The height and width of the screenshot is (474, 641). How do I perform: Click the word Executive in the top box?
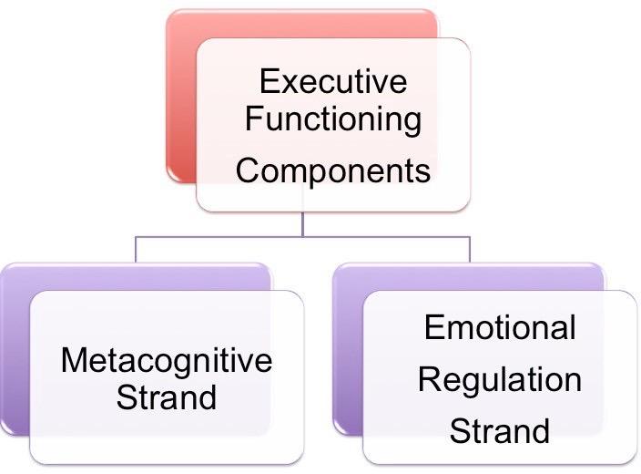tap(332, 81)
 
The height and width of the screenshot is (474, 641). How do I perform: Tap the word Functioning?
tap(333, 119)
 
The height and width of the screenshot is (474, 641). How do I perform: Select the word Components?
tap(333, 170)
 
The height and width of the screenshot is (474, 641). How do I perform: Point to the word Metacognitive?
tap(167, 360)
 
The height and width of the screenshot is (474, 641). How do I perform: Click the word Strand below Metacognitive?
tap(167, 397)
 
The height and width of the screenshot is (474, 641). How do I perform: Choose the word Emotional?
tap(500, 328)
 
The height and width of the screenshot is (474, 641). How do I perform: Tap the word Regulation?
tap(500, 378)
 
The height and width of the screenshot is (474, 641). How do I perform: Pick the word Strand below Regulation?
tap(500, 429)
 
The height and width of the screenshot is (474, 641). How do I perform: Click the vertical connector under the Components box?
tap(302, 224)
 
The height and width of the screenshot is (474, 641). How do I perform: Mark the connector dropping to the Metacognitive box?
tap(136, 249)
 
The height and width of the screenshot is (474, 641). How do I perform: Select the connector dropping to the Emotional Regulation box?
tap(469, 249)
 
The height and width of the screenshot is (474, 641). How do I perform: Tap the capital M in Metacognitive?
tap(72, 360)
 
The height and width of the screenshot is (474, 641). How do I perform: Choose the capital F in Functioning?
tap(254, 119)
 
